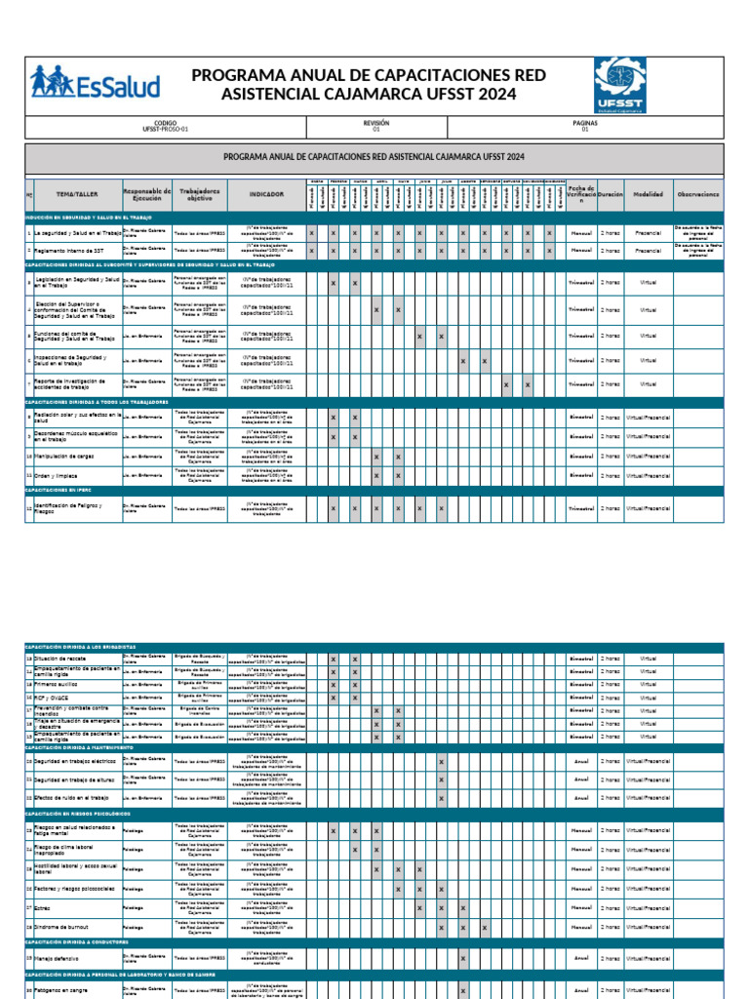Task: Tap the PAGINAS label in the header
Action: pyautogui.click(x=585, y=124)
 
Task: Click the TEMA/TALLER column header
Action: pyautogui.click(x=77, y=194)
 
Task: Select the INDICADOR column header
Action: pyautogui.click(x=266, y=194)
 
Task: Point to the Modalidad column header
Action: pyautogui.click(x=648, y=194)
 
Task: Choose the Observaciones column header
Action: pyautogui.click(x=698, y=194)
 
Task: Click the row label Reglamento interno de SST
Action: pyautogui.click(x=69, y=250)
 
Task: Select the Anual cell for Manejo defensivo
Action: pyautogui.click(x=580, y=958)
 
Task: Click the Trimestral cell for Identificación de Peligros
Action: pyautogui.click(x=580, y=507)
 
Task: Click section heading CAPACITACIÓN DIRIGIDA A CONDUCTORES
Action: pyautogui.click(x=77, y=941)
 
